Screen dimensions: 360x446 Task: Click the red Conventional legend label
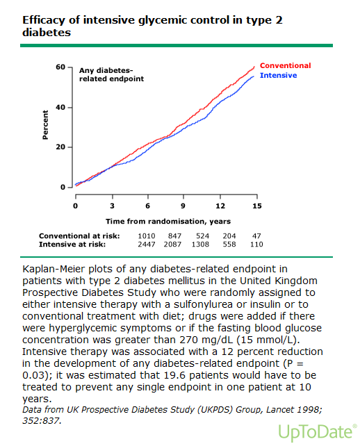[285, 66]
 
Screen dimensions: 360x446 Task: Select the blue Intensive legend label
[278, 76]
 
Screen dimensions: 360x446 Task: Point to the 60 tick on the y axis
[60, 67]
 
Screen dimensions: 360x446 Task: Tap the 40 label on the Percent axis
[60, 108]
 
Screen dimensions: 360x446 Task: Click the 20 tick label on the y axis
[60, 147]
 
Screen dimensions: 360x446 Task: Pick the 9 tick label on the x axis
[183, 206]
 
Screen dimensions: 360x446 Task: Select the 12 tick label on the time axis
[220, 206]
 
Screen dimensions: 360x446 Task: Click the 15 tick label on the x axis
[256, 206]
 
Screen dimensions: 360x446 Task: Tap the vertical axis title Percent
[45, 125]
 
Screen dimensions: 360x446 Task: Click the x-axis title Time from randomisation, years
[168, 222]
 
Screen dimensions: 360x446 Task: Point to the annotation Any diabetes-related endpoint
[111, 74]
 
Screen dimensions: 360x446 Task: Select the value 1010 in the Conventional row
[146, 236]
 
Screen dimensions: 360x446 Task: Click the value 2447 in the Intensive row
[146, 245]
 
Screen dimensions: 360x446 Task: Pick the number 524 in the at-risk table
[202, 236]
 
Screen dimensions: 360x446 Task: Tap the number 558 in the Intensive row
[229, 245]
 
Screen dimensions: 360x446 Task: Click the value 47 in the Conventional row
[256, 236]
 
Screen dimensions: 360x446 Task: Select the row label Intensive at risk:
[72, 245]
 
